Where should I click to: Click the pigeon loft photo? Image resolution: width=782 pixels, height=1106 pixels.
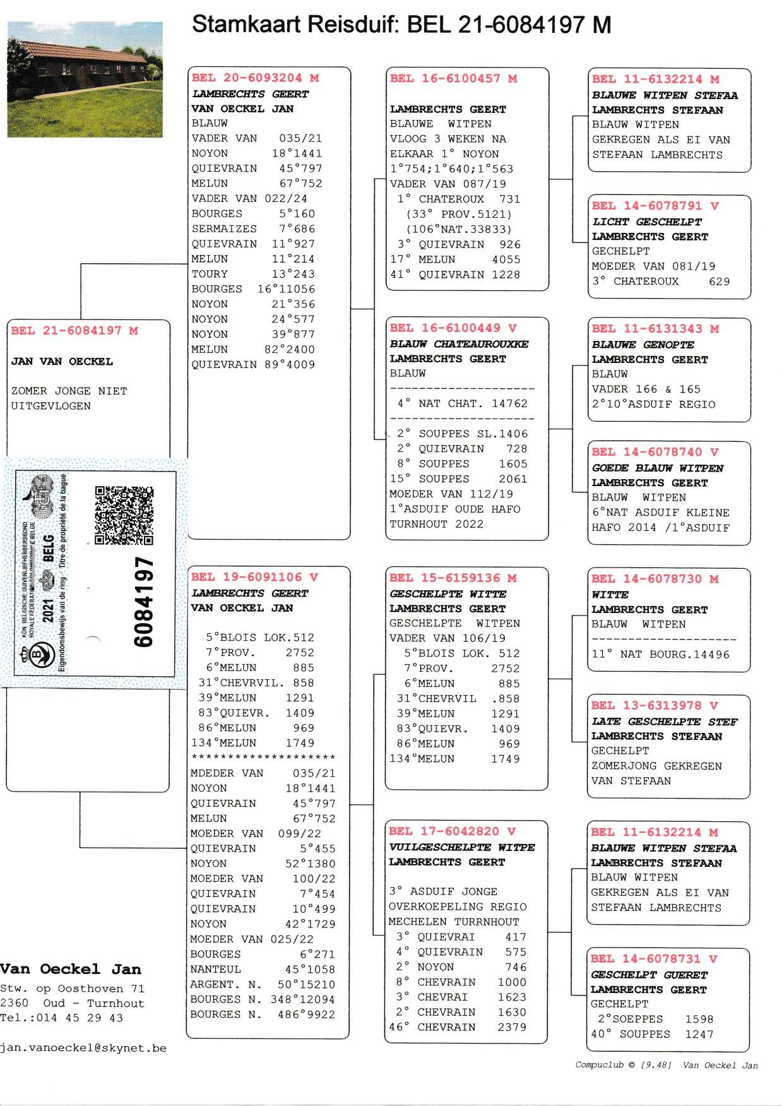(85, 79)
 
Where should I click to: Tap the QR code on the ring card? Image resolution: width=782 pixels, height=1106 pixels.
(124, 515)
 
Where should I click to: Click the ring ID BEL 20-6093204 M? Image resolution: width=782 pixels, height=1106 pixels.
(255, 78)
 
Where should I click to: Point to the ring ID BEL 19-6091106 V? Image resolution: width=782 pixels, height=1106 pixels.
(254, 577)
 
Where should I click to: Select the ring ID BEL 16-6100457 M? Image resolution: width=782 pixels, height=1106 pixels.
(453, 78)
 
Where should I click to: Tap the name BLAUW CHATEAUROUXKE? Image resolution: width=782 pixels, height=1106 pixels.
(459, 344)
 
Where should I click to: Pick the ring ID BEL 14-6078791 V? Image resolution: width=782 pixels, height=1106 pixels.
(655, 206)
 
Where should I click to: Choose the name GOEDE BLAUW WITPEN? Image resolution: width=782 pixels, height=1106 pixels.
(657, 468)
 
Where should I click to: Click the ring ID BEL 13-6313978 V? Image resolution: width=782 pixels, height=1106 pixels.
(655, 706)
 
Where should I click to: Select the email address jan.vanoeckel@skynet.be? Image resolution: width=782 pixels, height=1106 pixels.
(83, 1048)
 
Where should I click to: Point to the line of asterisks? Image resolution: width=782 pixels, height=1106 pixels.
(263, 757)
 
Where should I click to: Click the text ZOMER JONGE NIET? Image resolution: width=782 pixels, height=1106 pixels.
(69, 391)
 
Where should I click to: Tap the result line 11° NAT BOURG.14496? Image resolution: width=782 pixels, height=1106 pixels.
(660, 655)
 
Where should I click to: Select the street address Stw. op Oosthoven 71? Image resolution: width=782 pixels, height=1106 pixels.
(72, 989)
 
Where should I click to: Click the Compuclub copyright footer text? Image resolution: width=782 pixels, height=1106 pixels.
(666, 1065)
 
